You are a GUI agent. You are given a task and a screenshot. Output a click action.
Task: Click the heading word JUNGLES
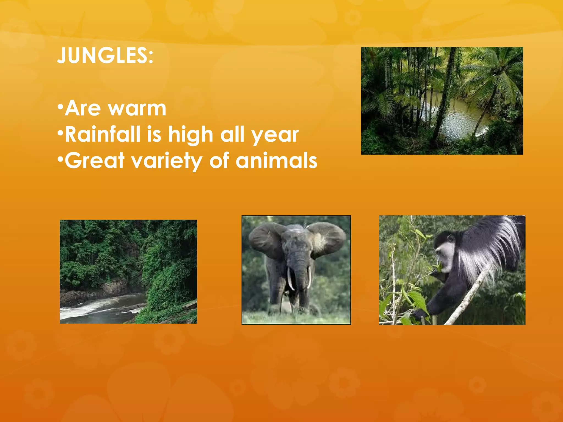[x=104, y=55]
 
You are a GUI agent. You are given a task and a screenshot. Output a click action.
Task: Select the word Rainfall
[x=103, y=134]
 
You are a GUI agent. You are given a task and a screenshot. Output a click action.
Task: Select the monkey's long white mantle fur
[x=492, y=247]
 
